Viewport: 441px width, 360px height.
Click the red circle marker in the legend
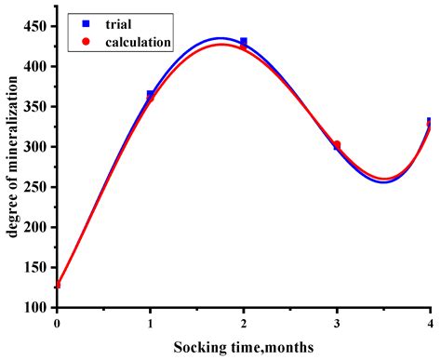tap(85, 41)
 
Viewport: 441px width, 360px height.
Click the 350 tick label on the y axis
tap(36, 107)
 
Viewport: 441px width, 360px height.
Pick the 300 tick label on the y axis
tap(36, 147)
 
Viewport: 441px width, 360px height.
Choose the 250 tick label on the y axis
tap(36, 187)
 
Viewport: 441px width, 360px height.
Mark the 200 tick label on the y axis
tap(36, 227)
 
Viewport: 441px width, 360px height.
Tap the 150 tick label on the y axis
tap(36, 267)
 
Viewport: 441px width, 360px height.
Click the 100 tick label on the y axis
tap(36, 307)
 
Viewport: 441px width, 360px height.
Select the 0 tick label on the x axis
tap(57, 324)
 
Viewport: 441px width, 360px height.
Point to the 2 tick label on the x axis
tap(244, 324)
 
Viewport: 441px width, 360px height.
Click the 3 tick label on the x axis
tap(337, 324)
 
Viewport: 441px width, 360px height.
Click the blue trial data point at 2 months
tap(244, 42)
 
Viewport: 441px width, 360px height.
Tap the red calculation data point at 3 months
tap(337, 144)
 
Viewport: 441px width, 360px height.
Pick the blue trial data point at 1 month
tap(151, 94)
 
